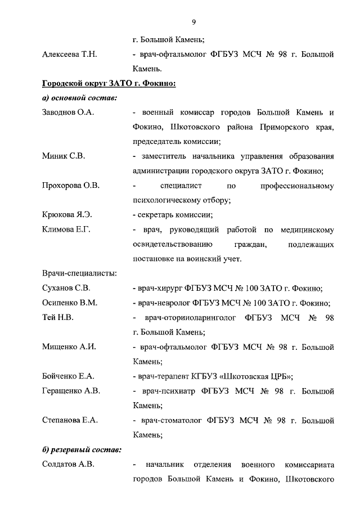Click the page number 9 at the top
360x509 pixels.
tap(194, 22)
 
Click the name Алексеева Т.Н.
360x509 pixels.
tap(70, 54)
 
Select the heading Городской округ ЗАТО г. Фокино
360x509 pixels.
tap(110, 84)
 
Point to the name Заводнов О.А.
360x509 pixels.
tap(68, 112)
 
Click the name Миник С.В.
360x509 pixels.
tap(64, 156)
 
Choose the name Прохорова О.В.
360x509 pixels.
tap(71, 186)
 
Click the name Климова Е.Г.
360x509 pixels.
tap(66, 229)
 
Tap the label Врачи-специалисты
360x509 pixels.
tap(79, 273)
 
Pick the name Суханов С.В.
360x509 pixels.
tap(66, 288)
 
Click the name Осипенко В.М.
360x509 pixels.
tap(70, 303)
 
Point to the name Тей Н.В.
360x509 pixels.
tap(57, 317)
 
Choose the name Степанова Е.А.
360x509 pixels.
tap(70, 420)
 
